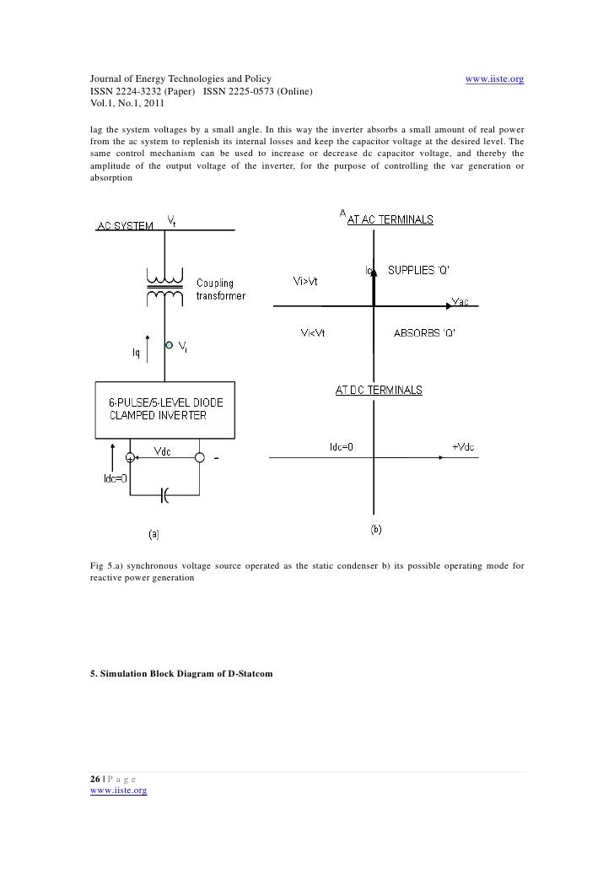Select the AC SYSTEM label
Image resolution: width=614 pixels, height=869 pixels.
(125, 226)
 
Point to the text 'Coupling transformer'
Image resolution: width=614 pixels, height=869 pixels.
(222, 289)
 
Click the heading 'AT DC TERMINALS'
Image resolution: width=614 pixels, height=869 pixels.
(379, 391)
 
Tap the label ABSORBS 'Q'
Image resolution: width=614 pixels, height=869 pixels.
(425, 332)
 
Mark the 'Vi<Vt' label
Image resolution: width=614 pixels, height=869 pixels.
(313, 332)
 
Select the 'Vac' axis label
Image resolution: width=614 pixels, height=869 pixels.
(462, 301)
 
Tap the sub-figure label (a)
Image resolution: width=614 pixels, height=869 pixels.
(155, 533)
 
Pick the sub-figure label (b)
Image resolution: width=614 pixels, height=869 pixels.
(376, 529)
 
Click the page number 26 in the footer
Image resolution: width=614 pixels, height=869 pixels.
(95, 777)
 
